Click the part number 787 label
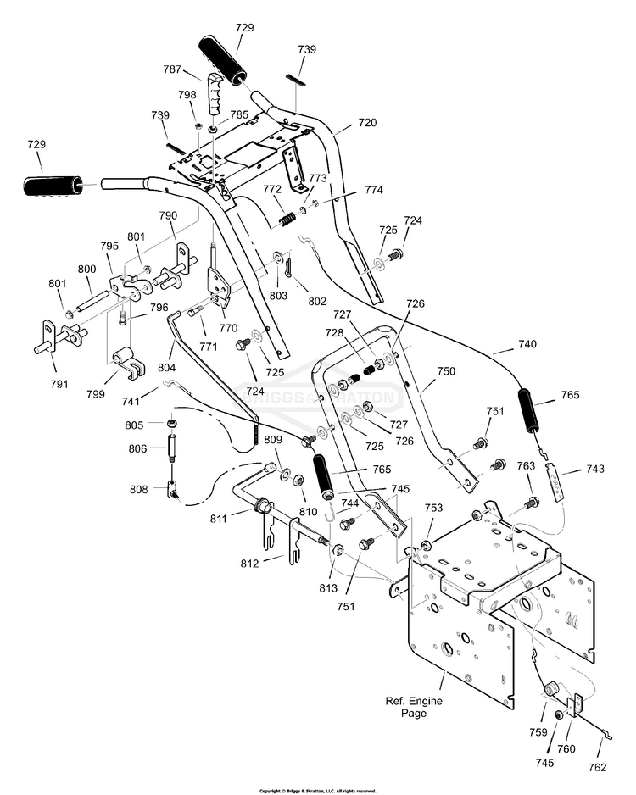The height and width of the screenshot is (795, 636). (172, 69)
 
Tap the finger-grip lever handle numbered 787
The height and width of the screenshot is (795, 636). (213, 95)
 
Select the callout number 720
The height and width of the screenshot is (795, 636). (368, 122)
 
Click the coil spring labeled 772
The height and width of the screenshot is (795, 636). (288, 219)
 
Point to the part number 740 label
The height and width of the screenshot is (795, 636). (527, 344)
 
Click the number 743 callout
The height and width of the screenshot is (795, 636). (595, 469)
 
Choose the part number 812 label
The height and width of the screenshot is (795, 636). (250, 564)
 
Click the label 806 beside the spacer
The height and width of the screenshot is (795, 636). (138, 448)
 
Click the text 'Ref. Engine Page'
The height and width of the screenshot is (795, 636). (414, 707)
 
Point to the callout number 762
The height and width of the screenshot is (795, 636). (598, 768)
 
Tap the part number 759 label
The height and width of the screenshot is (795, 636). (538, 732)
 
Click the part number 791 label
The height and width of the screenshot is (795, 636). (59, 384)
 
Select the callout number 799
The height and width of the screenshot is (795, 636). (96, 394)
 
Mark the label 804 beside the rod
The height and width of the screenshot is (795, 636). (167, 367)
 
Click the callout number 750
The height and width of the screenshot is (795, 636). (446, 371)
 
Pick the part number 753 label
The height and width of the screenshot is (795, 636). (433, 508)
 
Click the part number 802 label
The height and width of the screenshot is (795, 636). (317, 301)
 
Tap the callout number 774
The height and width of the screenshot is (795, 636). (374, 190)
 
